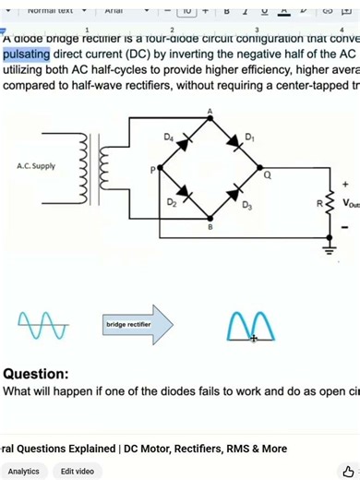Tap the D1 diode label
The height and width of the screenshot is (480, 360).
pos(249,138)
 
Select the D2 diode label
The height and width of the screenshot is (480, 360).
pos(172,202)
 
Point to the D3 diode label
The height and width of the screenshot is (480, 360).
pos(247,205)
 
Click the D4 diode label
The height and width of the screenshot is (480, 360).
pos(169,137)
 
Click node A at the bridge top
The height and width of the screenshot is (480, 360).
pos(210,112)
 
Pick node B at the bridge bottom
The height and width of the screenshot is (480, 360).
pos(210,226)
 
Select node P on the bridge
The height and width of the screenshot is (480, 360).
pos(153,170)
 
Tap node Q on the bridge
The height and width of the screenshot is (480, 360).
pos(268,174)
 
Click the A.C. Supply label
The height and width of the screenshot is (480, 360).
pos(36,167)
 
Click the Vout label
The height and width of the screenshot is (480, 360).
pos(350,203)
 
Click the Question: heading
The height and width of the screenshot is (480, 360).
pos(35,374)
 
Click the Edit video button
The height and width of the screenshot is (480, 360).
pos(78,471)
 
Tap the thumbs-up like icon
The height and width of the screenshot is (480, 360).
pos(348,471)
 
